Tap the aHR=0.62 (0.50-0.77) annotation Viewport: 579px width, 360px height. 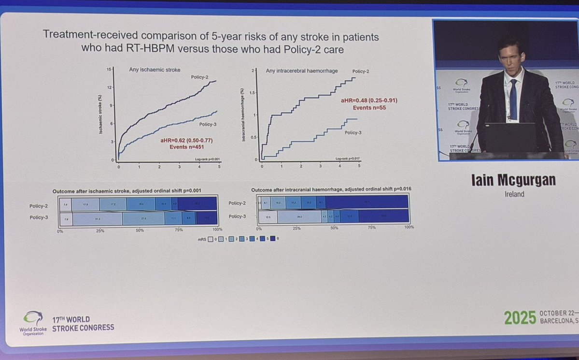186,141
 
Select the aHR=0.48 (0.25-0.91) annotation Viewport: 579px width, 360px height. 365,101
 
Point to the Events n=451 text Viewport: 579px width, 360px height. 186,147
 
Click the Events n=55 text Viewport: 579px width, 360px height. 369,107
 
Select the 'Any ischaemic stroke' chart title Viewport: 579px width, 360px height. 155,70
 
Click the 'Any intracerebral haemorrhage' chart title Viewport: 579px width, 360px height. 302,71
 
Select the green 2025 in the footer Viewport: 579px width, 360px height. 520,317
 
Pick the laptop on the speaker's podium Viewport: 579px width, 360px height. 510,137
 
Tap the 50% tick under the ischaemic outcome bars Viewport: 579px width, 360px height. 140,230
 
